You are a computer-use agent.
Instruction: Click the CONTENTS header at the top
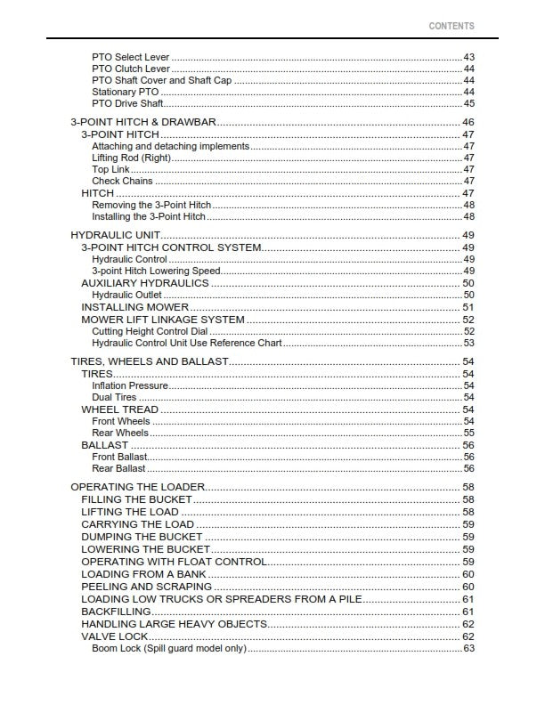tap(451, 27)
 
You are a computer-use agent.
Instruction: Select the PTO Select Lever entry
tap(131, 57)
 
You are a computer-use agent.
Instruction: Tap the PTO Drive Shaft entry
tap(127, 103)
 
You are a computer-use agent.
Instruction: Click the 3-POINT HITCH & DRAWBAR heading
tap(143, 122)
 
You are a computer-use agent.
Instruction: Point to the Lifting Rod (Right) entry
tap(131, 158)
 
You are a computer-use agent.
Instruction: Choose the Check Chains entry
tap(123, 182)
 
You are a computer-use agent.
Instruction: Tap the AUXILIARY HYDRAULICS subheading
tap(145, 283)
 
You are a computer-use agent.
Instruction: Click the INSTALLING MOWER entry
tap(135, 307)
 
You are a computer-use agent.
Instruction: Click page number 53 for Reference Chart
tap(468, 343)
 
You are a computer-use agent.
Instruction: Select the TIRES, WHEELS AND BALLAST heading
tap(150, 361)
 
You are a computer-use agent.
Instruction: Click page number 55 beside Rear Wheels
tap(468, 434)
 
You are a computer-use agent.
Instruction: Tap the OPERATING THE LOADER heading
tap(138, 487)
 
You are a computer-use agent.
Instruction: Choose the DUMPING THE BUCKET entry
tap(142, 538)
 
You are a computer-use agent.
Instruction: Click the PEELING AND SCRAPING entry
tap(146, 587)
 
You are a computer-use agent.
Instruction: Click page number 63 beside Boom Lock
tap(468, 648)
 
